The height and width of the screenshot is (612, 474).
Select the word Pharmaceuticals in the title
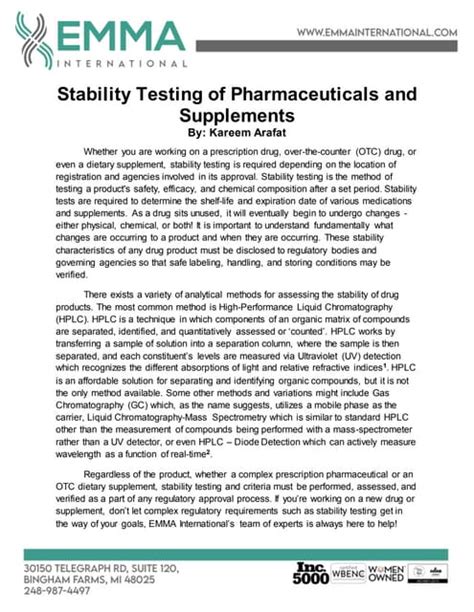pos(288,99)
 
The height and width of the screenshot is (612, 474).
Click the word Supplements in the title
pos(236,118)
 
